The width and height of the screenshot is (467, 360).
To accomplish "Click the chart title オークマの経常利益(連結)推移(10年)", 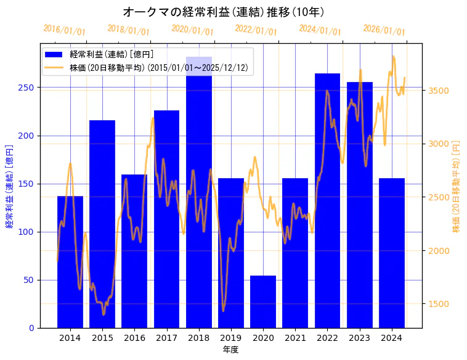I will pyautogui.click(x=224, y=12).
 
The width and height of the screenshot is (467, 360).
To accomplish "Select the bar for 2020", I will pyautogui.click(x=263, y=301).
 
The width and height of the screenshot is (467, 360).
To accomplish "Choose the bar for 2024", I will pyautogui.click(x=392, y=253).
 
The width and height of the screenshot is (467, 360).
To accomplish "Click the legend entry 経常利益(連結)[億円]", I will pyautogui.click(x=111, y=55).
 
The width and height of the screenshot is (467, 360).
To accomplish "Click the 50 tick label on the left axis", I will pyautogui.click(x=30, y=280).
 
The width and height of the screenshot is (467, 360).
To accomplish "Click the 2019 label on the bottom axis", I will pyautogui.click(x=231, y=338).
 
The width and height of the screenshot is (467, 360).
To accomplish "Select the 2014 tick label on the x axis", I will pyautogui.click(x=70, y=338).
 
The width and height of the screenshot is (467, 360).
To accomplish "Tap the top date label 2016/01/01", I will pyautogui.click(x=64, y=30).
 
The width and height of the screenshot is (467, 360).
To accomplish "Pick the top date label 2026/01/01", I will pyautogui.click(x=384, y=30).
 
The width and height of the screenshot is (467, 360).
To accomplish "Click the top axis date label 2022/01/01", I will pyautogui.click(x=256, y=30).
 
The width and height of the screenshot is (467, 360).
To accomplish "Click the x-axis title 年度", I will pyautogui.click(x=231, y=350).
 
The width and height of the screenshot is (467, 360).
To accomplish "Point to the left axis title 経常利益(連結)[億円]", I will pyautogui.click(x=9, y=186).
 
